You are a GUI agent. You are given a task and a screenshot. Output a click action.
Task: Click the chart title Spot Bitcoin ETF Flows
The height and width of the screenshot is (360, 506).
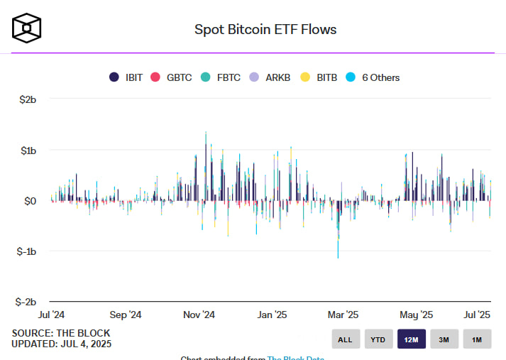tap(265, 29)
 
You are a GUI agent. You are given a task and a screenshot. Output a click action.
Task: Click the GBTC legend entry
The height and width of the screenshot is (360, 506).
tap(172, 77)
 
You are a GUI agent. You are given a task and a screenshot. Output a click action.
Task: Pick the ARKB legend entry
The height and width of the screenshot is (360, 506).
tap(271, 77)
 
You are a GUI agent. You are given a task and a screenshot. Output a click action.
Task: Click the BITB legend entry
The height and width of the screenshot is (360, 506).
tap(319, 77)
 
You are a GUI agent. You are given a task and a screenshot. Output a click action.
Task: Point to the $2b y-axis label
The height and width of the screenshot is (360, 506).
tap(28, 100)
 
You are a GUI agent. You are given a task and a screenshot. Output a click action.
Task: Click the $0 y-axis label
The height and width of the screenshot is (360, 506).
tap(31, 202)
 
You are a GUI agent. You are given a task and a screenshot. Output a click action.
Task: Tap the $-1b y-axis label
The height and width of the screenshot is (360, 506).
tap(26, 252)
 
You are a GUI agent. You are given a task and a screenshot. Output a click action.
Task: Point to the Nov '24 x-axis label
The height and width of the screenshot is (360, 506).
tap(199, 315)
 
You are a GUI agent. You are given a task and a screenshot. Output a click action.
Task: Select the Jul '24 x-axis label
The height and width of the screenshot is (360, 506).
tap(53, 315)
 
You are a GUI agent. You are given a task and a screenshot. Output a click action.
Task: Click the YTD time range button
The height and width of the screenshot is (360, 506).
tap(379, 339)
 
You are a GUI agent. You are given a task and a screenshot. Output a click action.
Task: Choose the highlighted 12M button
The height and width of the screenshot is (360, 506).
tap(411, 339)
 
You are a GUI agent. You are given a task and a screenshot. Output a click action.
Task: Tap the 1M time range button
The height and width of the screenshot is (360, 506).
tap(477, 339)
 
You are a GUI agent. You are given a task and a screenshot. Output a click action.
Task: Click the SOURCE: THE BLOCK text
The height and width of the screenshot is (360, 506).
tap(60, 333)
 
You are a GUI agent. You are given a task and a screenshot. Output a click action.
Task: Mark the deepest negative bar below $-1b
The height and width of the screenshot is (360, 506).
tap(338, 250)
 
